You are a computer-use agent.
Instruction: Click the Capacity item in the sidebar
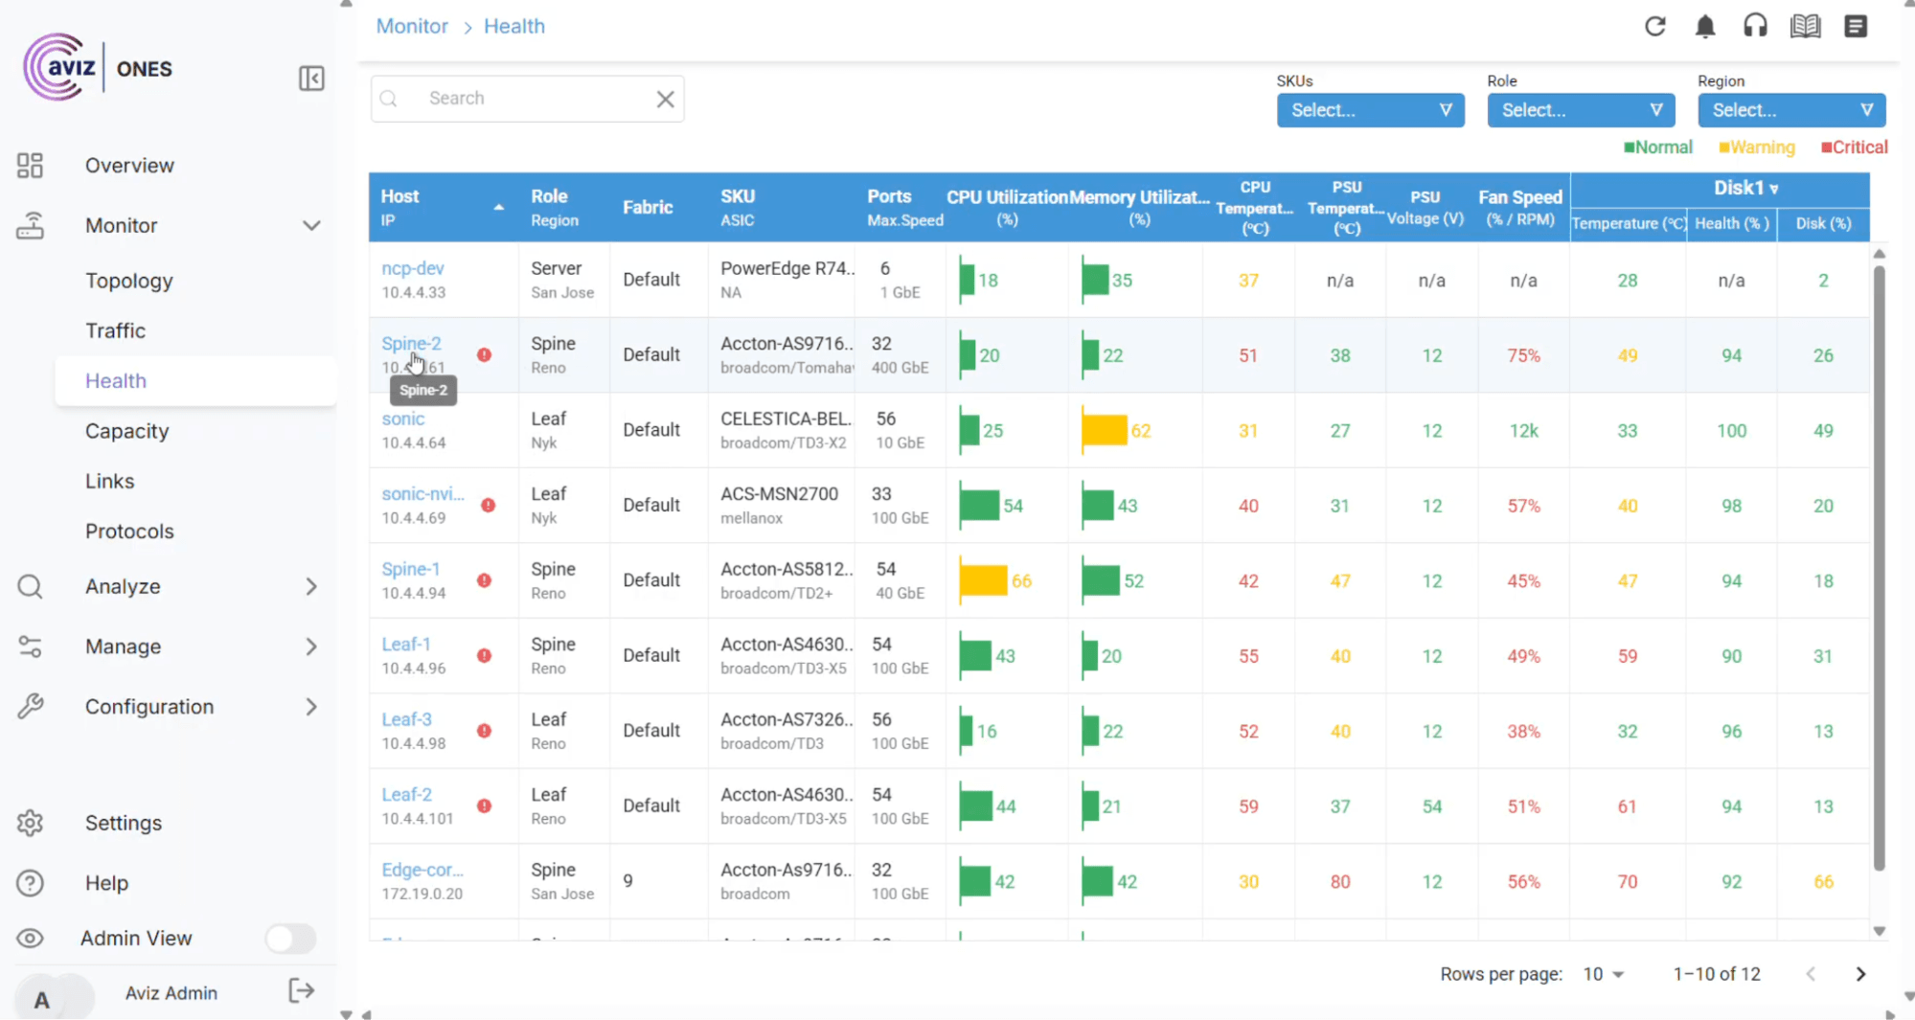(126, 431)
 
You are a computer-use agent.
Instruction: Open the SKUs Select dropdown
(1370, 110)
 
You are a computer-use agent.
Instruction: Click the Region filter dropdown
(1790, 110)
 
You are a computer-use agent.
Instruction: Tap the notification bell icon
(1704, 27)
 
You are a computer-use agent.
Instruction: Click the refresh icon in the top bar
(1654, 27)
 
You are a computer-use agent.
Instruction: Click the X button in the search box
(665, 99)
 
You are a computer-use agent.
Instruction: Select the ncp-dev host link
(412, 268)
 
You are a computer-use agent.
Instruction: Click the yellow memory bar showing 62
(1104, 431)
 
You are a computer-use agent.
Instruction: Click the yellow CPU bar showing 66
(983, 580)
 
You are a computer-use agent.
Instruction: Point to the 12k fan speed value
(1523, 431)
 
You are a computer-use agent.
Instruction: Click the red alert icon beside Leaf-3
(485, 731)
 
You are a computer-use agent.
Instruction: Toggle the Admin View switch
(290, 939)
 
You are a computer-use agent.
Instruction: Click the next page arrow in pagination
(1860, 974)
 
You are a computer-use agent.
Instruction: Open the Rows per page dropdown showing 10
(1603, 974)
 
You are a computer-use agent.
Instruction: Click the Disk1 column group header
(1744, 189)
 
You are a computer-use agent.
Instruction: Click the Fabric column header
(648, 207)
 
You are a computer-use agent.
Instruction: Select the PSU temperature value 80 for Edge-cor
(1339, 881)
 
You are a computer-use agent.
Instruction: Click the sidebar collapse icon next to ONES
(311, 79)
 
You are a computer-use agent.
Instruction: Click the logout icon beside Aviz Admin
(301, 991)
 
